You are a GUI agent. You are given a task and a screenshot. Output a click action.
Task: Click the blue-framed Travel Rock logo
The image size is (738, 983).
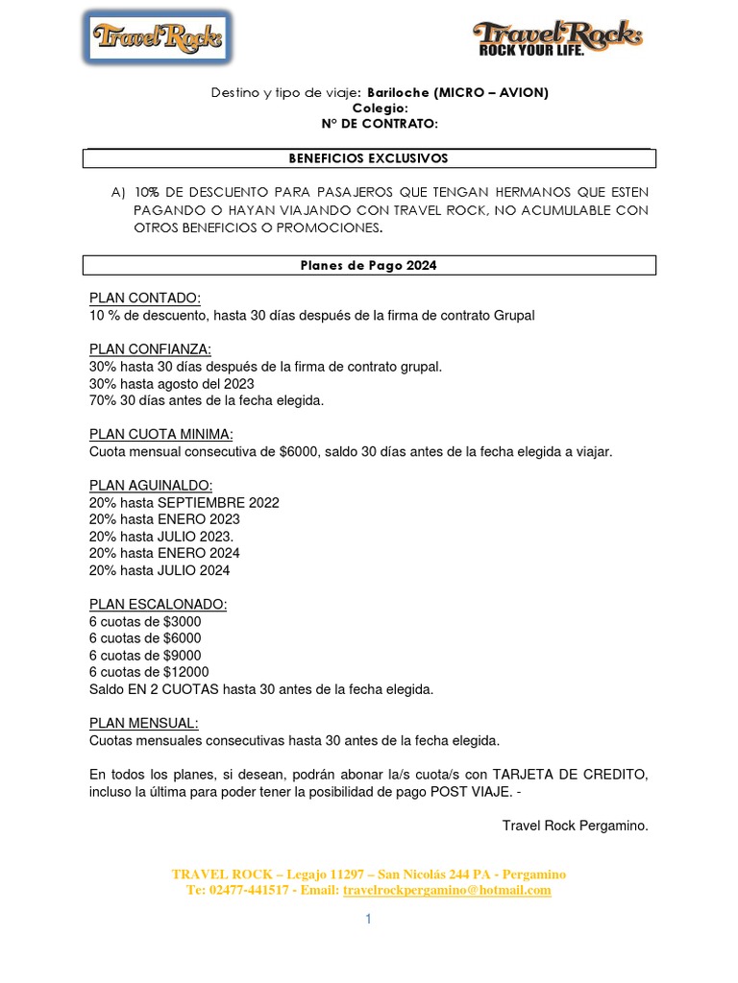157,38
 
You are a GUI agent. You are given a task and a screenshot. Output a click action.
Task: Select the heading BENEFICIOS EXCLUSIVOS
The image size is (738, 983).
369,158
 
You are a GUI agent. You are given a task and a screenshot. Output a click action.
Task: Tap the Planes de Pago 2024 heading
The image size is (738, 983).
369,266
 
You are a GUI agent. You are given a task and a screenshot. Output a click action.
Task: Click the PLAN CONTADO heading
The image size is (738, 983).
145,299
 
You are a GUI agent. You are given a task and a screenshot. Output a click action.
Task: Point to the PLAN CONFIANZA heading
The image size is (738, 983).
151,349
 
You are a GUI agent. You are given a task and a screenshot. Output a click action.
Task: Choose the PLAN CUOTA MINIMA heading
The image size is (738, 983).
161,434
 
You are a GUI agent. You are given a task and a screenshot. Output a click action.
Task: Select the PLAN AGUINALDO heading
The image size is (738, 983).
151,485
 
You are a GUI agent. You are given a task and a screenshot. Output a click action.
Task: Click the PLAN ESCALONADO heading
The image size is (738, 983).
159,605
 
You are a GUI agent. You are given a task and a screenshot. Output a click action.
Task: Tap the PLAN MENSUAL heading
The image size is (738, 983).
143,724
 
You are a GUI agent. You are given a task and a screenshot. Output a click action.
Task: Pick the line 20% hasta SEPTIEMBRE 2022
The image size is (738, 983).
184,502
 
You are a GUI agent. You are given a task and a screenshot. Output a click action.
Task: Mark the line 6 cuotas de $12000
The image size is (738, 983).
149,672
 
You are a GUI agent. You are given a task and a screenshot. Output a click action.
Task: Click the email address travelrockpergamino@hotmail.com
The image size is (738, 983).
447,890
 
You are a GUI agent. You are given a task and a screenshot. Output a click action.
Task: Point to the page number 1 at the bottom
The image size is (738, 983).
368,920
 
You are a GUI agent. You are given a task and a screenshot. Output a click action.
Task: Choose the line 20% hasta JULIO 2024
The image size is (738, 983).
160,570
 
